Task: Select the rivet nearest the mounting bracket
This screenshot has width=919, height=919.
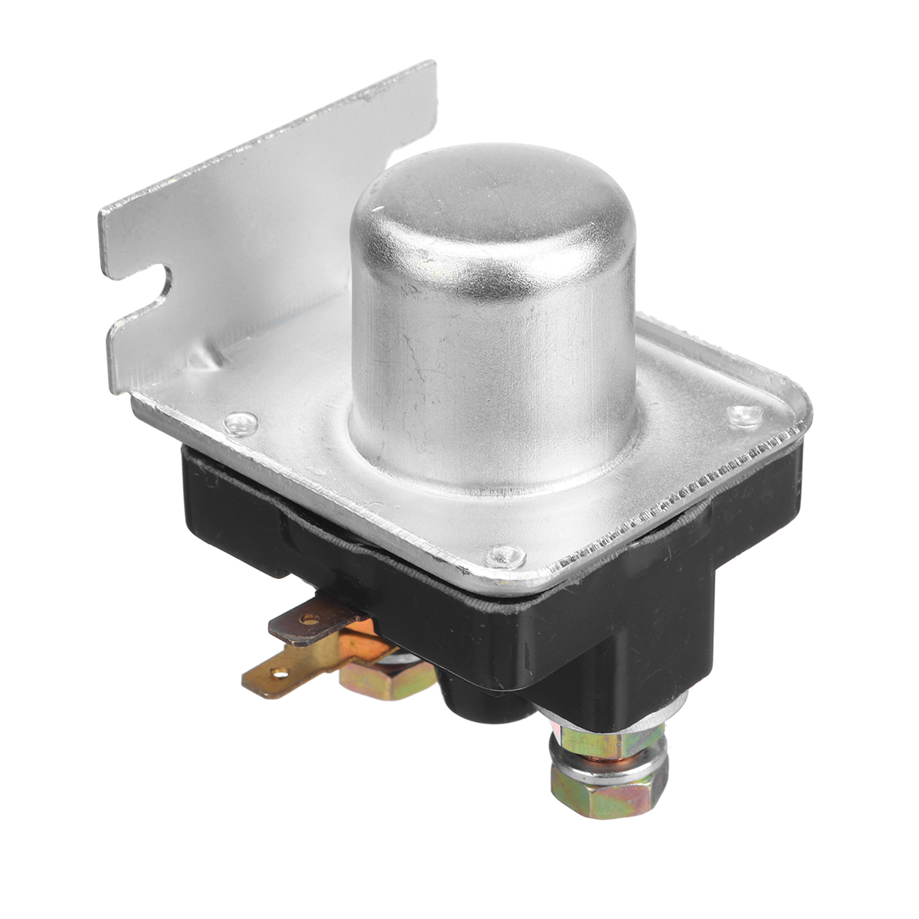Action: click(243, 420)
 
